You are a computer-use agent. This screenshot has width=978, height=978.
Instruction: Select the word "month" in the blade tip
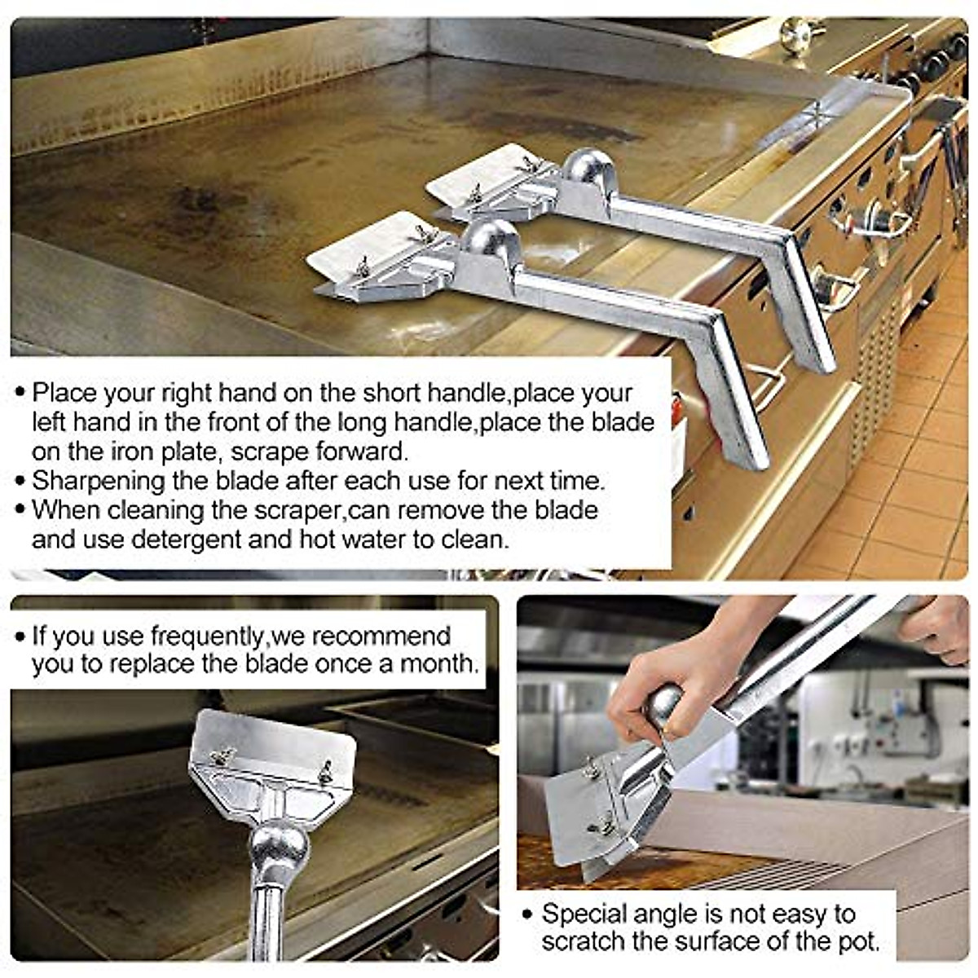click(438, 663)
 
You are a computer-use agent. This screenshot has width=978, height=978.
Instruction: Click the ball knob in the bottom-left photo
click(280, 848)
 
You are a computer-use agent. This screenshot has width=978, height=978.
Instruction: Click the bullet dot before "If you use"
click(20, 637)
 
